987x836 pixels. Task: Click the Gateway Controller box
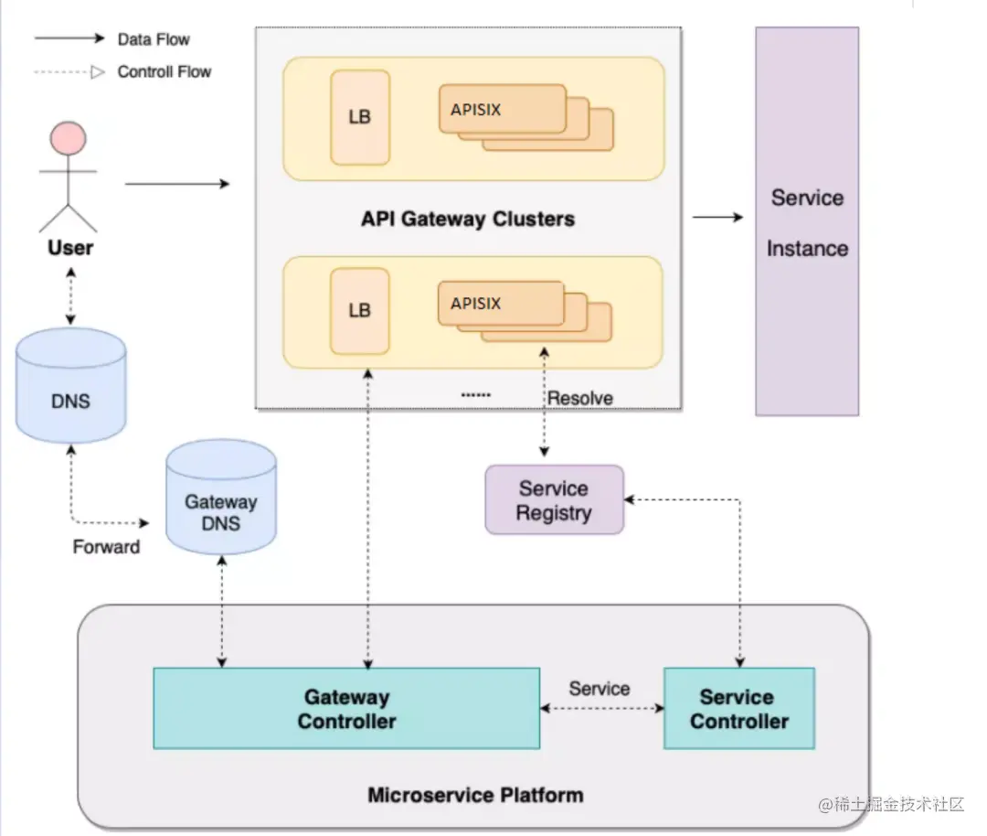click(x=346, y=709)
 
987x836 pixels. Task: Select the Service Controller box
click(x=738, y=709)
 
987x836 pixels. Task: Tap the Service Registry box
click(x=554, y=500)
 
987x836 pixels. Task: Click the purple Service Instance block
click(x=807, y=222)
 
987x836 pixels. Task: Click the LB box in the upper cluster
click(x=360, y=118)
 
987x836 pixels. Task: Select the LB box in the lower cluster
click(x=360, y=310)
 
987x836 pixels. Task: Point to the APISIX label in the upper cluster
click(x=476, y=110)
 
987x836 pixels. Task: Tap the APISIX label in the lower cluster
click(x=476, y=303)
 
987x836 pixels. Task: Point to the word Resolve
click(x=580, y=398)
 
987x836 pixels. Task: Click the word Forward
click(x=106, y=547)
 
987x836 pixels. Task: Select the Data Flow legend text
click(x=154, y=39)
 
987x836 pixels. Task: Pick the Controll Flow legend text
click(x=164, y=71)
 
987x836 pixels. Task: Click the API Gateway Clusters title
click(x=468, y=220)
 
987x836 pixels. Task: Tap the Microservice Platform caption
click(x=475, y=794)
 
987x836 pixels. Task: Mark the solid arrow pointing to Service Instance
click(x=718, y=218)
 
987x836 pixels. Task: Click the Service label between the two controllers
click(x=600, y=689)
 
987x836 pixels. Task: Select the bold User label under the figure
click(x=70, y=248)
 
